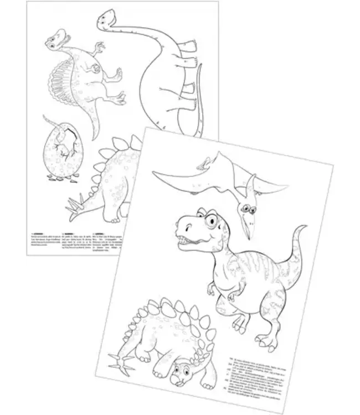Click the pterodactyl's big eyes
click(248, 207)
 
